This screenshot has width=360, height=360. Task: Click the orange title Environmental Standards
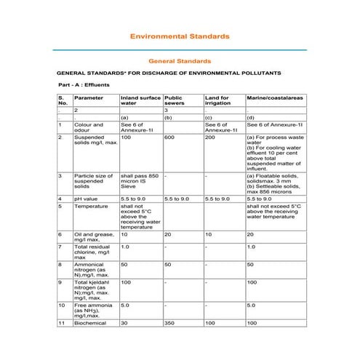click(x=179, y=35)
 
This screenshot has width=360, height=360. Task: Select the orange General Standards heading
click(x=179, y=61)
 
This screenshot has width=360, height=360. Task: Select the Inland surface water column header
click(x=140, y=100)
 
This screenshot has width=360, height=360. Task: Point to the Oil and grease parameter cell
click(x=92, y=237)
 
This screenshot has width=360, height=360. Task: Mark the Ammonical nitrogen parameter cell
click(x=92, y=270)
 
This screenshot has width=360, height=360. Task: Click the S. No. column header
click(x=63, y=100)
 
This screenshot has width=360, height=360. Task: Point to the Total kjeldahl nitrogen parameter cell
click(x=92, y=289)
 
